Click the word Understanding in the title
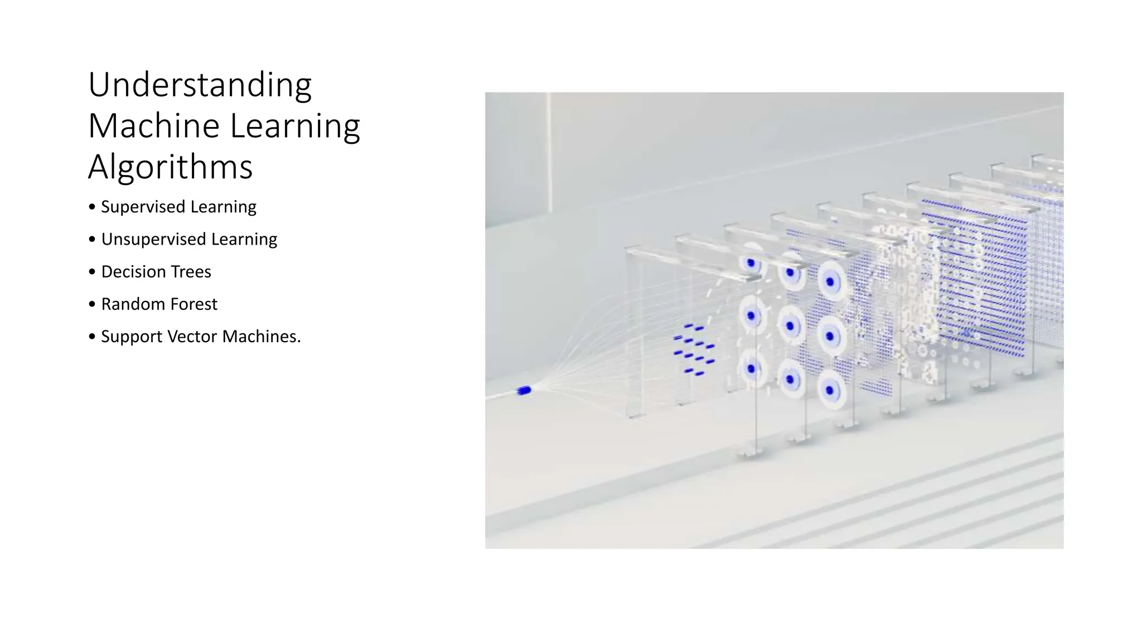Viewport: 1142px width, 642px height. click(x=200, y=85)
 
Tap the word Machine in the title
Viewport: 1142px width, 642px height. click(x=154, y=126)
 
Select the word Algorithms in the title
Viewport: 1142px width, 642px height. click(x=170, y=167)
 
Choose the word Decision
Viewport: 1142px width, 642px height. click(x=133, y=272)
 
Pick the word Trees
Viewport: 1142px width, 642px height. click(x=191, y=272)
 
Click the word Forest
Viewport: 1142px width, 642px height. click(x=193, y=304)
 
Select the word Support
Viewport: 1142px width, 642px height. click(x=132, y=337)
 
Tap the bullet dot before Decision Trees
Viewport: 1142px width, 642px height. click(x=92, y=272)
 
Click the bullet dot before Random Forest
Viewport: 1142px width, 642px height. click(x=92, y=304)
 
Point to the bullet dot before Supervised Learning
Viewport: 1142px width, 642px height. click(x=92, y=207)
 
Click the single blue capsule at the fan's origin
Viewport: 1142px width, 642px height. click(x=524, y=391)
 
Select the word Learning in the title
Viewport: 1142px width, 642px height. click(x=295, y=126)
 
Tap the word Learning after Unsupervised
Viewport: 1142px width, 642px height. click(x=244, y=240)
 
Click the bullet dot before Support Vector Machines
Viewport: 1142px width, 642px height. click(x=92, y=337)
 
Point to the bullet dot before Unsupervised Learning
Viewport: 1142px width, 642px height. click(x=92, y=240)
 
